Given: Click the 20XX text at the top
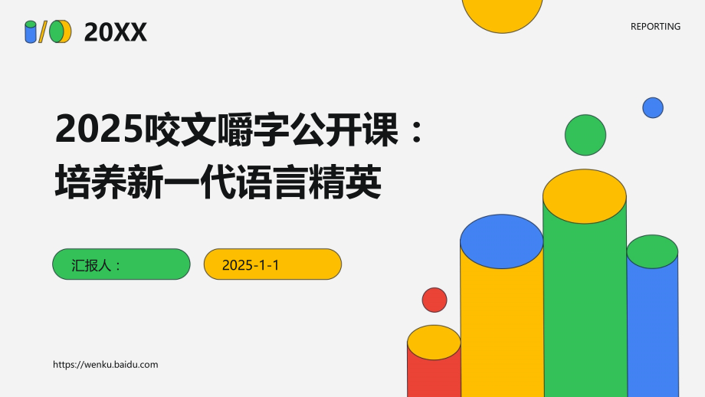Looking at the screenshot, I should coord(115,32).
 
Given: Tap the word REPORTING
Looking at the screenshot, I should coord(655,26).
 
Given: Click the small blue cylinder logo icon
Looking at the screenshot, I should coord(31,32).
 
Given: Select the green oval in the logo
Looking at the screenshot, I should coord(57,32).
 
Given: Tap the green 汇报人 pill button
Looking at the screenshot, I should coord(121,264).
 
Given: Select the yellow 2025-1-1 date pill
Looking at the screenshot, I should coord(272,264).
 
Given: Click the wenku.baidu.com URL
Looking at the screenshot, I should coord(106,365).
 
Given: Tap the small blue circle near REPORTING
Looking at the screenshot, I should coord(653,107).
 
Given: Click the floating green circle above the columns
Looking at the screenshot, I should coord(585,135).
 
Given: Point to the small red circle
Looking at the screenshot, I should coord(434,300).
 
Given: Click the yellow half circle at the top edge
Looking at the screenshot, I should coord(503,11).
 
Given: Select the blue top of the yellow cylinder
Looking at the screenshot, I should coord(502,241).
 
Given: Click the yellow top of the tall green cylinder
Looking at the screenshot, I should coord(585,196).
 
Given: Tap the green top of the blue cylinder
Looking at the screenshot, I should coord(652,251).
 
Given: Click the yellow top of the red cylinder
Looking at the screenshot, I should coord(434,343).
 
